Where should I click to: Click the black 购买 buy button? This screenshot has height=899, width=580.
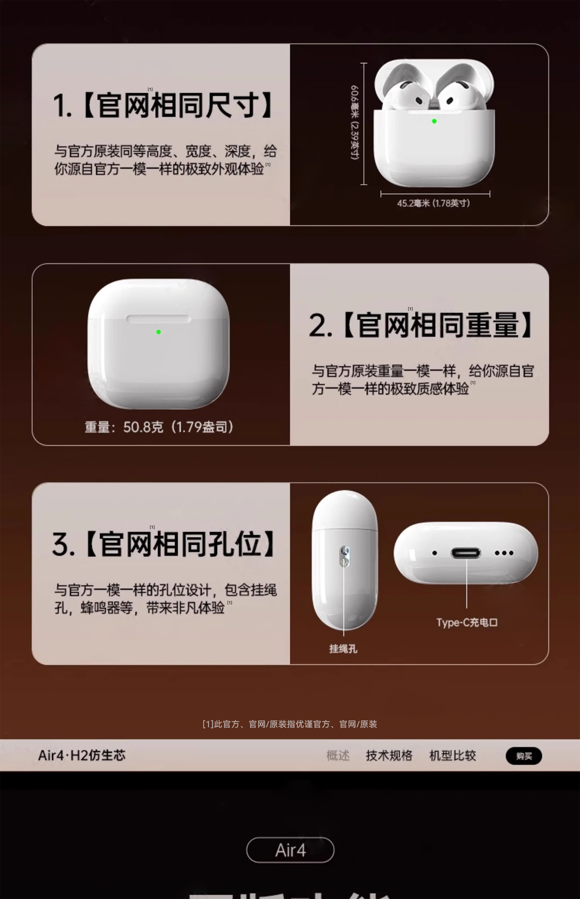524,756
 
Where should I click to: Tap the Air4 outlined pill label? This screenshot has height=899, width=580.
290,850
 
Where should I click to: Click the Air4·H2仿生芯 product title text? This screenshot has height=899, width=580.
82,755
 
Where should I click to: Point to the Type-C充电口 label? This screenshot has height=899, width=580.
467,622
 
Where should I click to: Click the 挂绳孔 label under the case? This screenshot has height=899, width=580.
343,649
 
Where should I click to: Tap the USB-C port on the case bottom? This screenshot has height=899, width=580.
466,553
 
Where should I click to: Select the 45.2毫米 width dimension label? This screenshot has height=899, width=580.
434,203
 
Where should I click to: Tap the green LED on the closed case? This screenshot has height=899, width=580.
158,332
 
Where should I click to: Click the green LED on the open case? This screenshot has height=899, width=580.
434,121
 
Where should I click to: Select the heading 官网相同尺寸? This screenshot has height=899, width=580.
163,105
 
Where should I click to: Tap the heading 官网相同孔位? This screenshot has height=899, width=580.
164,544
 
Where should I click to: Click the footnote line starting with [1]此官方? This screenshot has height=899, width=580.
290,724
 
